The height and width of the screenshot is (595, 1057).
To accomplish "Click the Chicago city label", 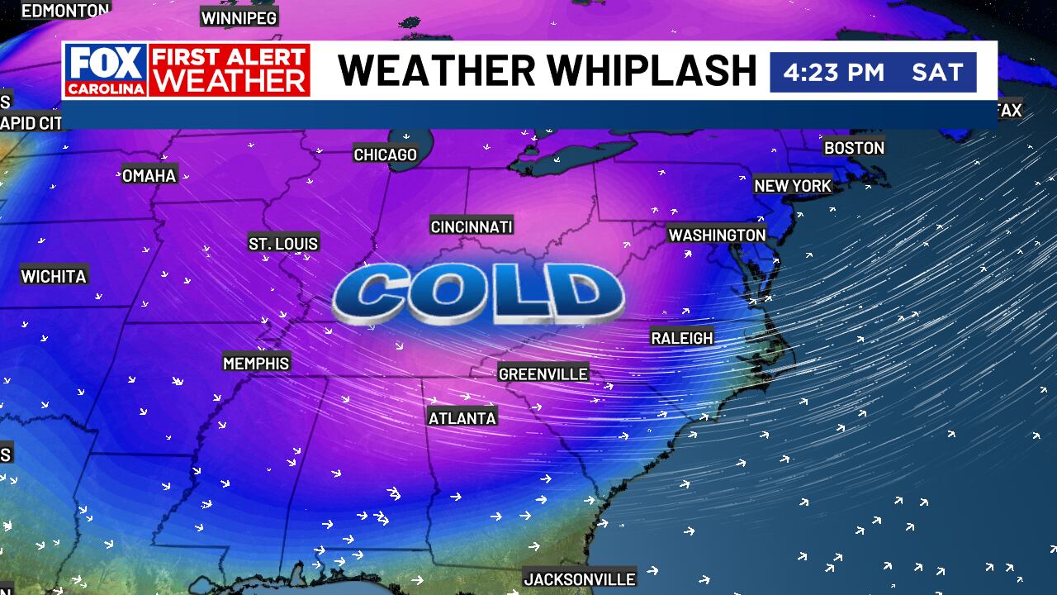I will (386, 155).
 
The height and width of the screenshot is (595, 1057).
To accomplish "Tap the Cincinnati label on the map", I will (472, 226).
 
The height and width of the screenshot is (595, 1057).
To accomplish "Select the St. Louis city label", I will (283, 244).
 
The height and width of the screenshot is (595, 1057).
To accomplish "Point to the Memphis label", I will (256, 364).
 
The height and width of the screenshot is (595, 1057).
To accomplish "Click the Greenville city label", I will (543, 374).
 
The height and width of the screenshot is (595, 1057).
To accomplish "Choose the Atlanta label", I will (462, 418).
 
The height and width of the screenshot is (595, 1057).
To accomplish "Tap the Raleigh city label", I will (682, 339).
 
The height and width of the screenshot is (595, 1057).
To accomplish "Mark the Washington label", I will (717, 236).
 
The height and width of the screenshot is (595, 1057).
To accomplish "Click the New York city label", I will (793, 186).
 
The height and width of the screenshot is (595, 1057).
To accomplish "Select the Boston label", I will (854, 148).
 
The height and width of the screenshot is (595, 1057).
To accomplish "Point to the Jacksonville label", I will (580, 579).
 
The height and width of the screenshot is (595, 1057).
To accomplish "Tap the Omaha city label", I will (149, 175).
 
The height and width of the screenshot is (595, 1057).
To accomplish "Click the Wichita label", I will (54, 277).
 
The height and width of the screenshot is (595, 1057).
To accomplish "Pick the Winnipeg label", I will (239, 17).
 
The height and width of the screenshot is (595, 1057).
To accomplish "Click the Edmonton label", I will (65, 11).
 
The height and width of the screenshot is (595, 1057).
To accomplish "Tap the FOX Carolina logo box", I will (106, 70).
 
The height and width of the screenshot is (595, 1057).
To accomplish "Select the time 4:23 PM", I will (833, 72).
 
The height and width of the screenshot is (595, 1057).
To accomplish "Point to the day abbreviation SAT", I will (937, 72).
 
